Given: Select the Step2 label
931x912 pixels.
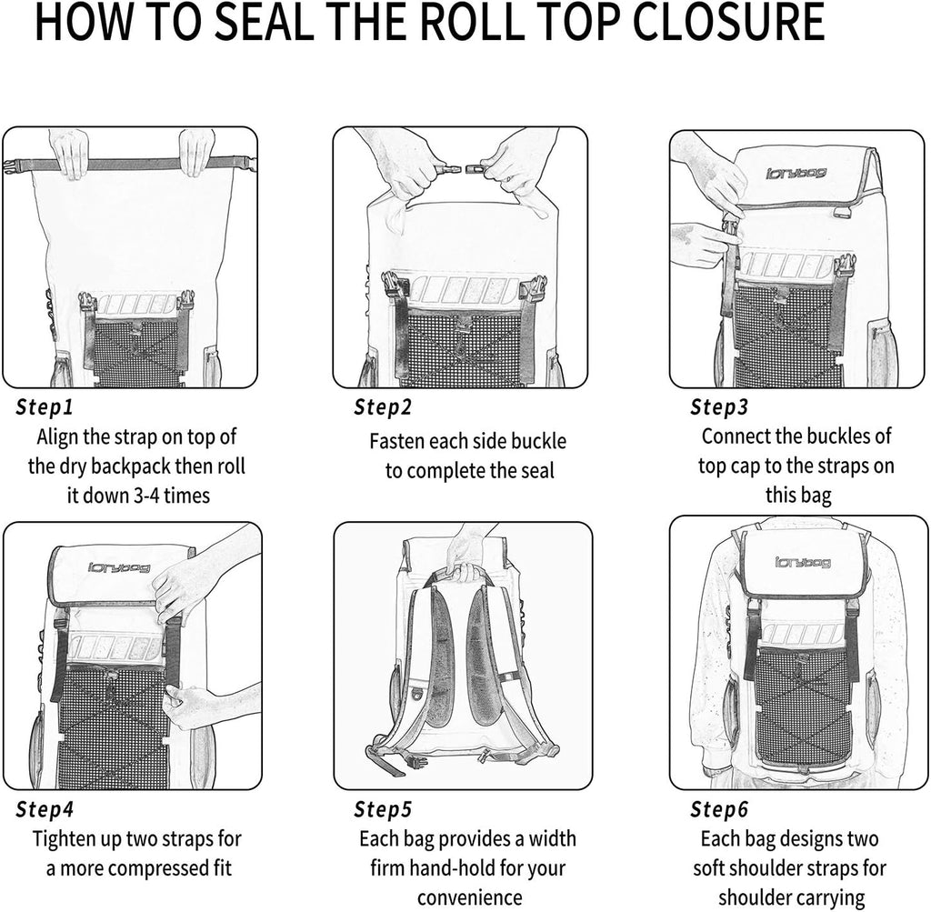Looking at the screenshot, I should pos(380,406).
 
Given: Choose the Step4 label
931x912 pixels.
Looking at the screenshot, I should pos(45,808).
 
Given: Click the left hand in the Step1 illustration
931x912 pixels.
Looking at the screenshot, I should pos(70,152).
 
